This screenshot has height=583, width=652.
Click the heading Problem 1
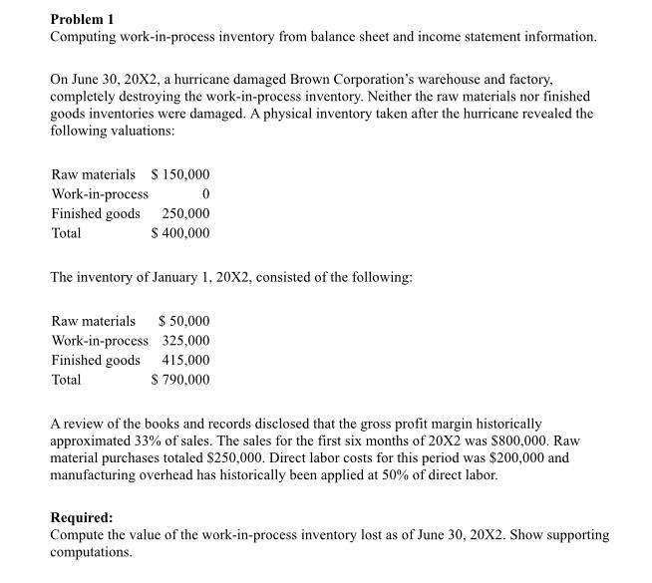(82, 17)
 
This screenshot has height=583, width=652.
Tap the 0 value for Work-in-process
(205, 193)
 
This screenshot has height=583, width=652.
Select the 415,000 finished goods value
(185, 360)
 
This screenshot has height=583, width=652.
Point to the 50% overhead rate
(402, 475)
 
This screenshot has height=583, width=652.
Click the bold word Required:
(82, 518)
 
